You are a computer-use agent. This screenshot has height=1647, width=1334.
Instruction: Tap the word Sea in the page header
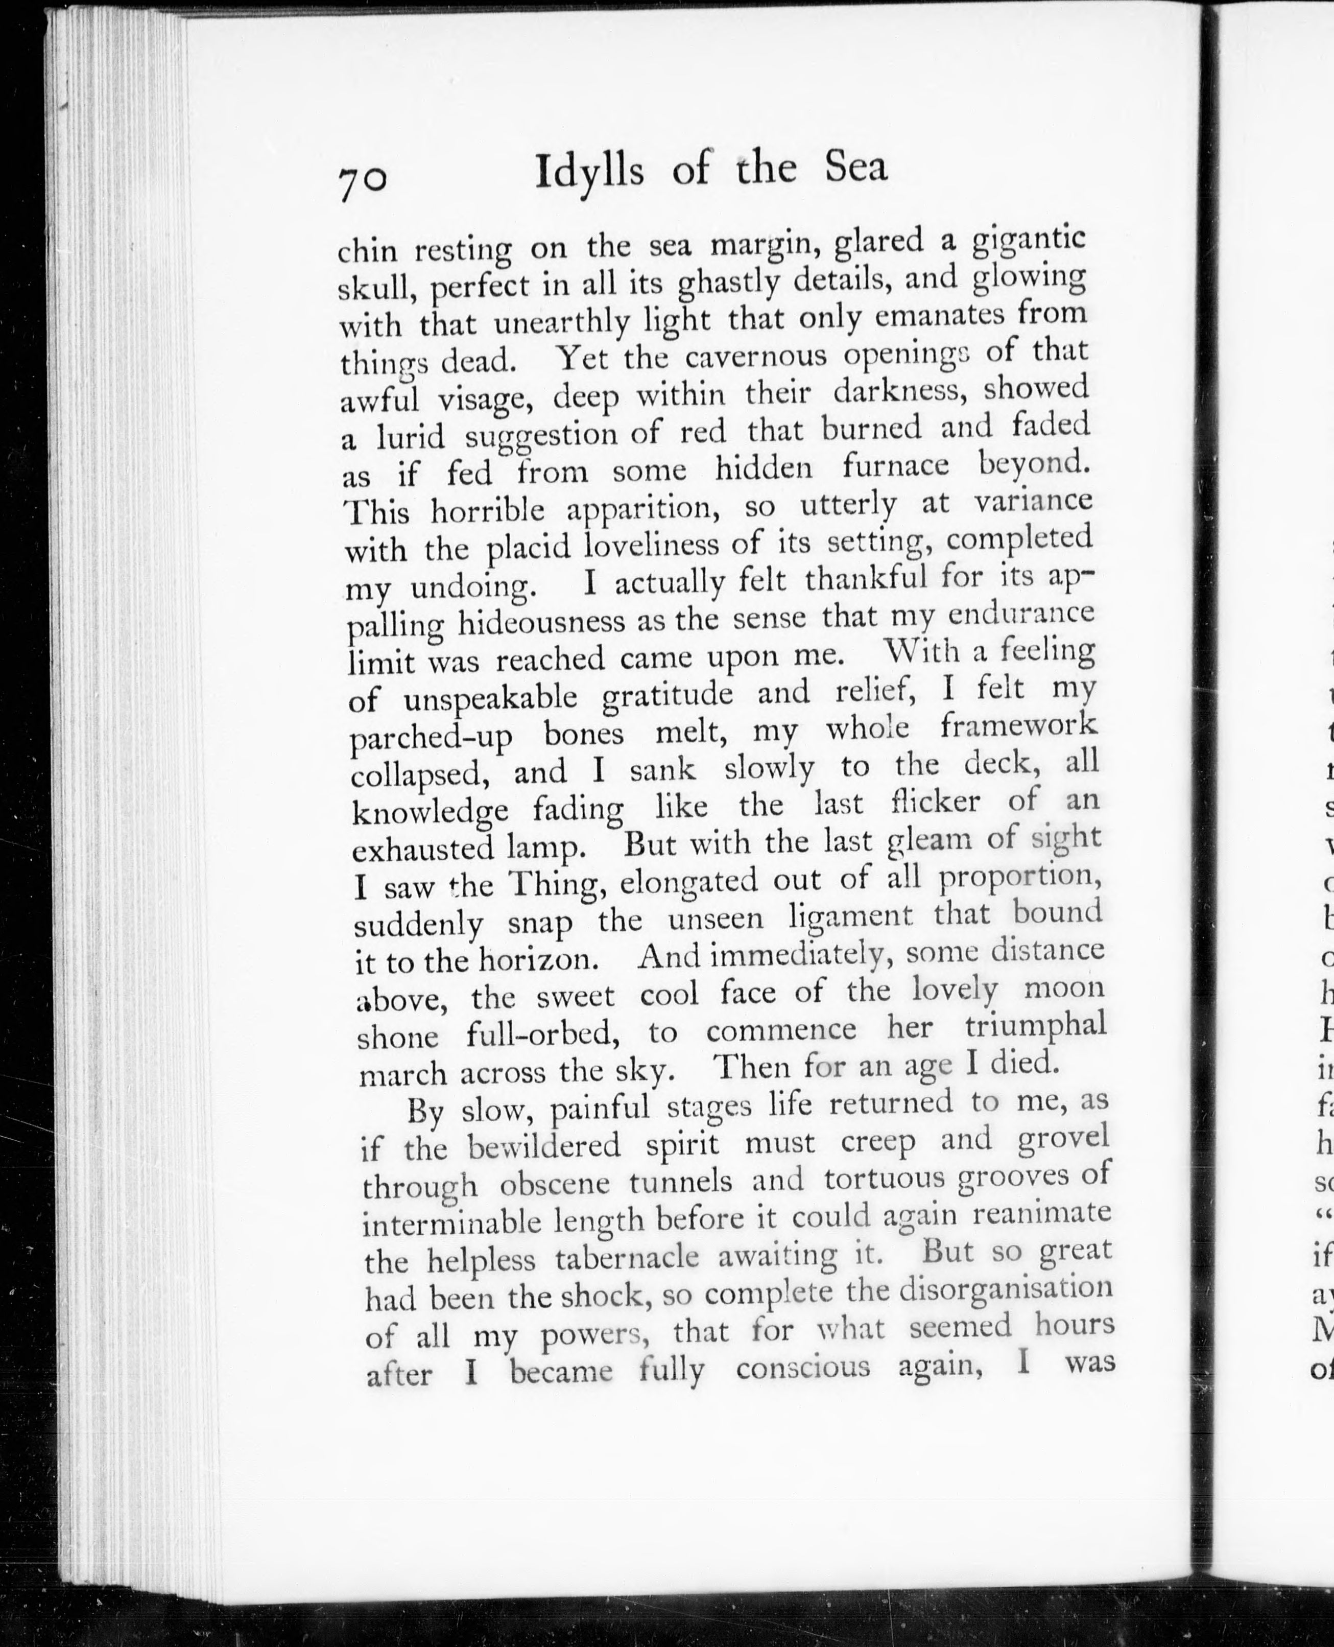(856, 168)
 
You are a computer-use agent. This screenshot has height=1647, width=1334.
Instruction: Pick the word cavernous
(755, 357)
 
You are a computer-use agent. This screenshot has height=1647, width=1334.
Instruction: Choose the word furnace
(895, 466)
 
